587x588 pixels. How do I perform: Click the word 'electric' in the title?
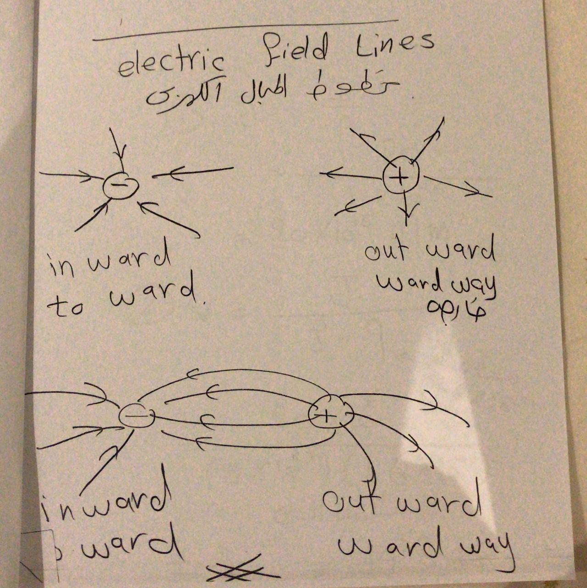(x=171, y=64)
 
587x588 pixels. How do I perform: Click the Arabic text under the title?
(x=271, y=90)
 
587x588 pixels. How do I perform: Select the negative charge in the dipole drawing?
(x=136, y=416)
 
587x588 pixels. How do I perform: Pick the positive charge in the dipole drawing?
(x=330, y=413)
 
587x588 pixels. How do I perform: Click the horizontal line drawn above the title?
(x=245, y=30)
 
